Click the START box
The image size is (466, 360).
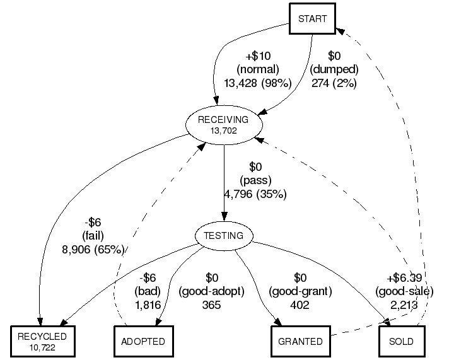point(312,18)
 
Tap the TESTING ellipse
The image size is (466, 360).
point(223,236)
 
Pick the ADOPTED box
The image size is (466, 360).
point(143,341)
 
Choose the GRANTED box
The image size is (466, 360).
point(301,341)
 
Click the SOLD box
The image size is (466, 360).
point(402,341)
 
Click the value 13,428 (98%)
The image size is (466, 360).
point(257,83)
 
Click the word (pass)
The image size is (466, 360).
point(255,180)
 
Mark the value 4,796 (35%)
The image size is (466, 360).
point(255,194)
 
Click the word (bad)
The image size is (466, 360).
point(148,291)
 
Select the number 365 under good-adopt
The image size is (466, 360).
point(212,305)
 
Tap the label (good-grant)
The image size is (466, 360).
point(300,291)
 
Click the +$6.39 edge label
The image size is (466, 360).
point(404,278)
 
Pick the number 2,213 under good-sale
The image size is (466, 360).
point(404,305)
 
